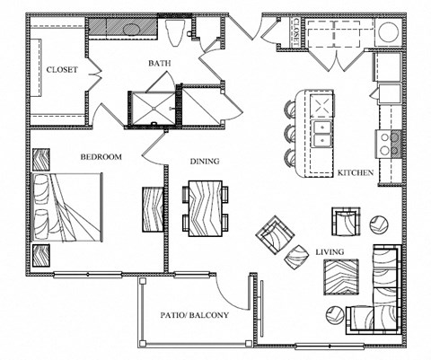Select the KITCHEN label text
(355, 172)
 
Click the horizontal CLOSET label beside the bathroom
(63, 69)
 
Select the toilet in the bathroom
(176, 33)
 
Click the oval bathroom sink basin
(130, 29)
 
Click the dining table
(205, 206)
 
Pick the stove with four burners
(390, 142)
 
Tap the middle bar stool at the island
(292, 136)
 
